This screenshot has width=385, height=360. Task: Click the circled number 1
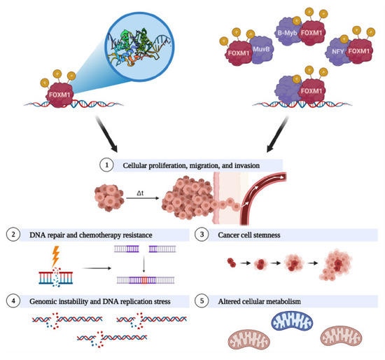pos(106,166)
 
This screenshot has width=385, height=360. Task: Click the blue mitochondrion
pos(289,323)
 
